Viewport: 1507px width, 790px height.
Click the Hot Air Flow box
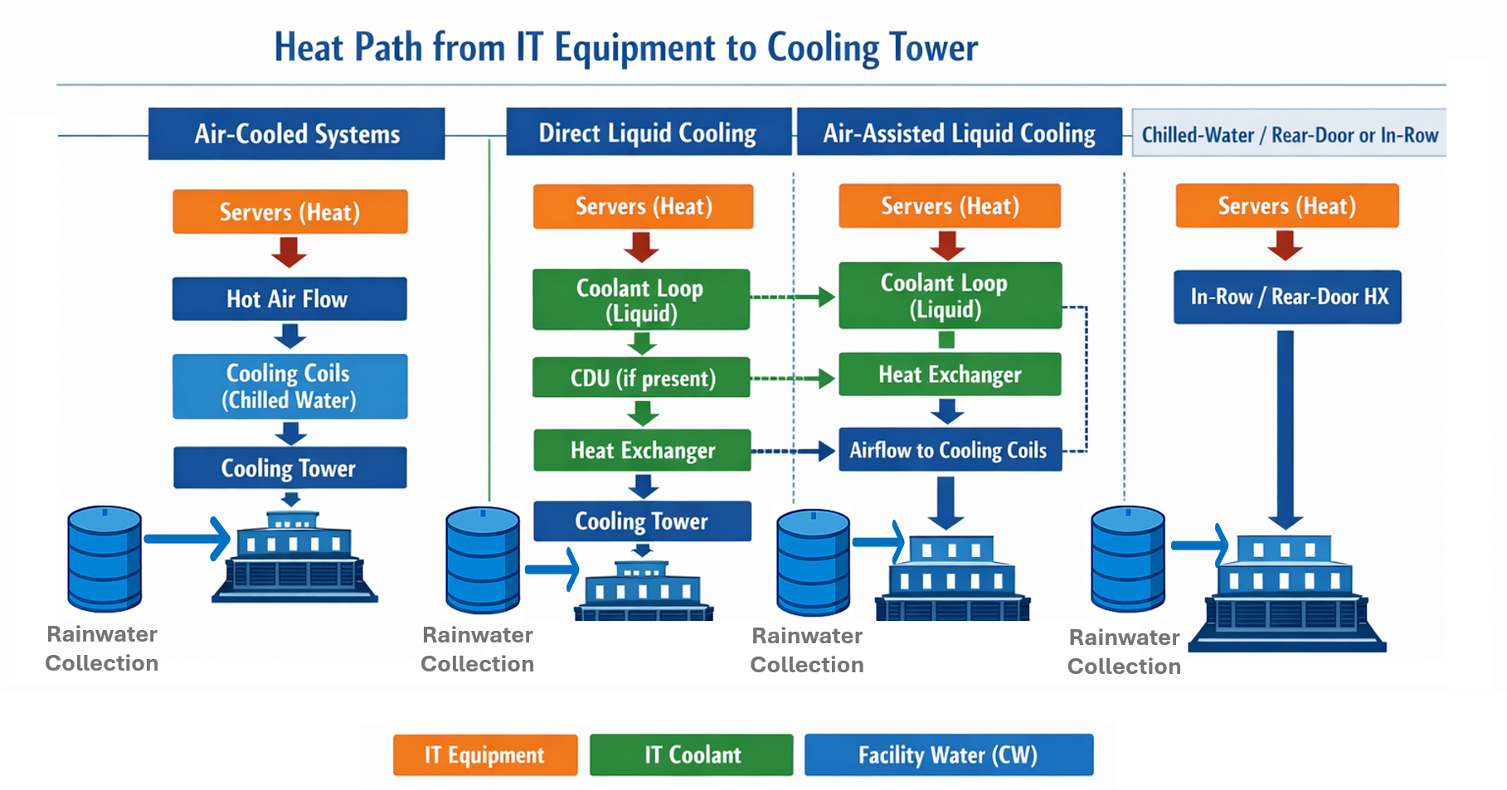click(289, 298)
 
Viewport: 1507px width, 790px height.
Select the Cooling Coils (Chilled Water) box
click(289, 386)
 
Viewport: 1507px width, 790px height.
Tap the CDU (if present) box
click(641, 378)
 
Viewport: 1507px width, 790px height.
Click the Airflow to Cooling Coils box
click(949, 449)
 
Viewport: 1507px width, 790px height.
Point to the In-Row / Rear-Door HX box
click(1287, 297)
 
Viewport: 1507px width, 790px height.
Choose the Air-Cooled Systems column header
click(296, 133)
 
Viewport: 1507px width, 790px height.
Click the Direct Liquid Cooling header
click(648, 133)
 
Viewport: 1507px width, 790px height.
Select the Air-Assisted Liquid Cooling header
click(959, 133)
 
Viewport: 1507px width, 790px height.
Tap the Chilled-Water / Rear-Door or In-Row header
click(1289, 134)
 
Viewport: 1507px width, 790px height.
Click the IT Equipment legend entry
click(484, 754)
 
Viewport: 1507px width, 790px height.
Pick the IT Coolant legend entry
click(691, 754)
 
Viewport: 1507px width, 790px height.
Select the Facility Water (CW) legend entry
click(948, 754)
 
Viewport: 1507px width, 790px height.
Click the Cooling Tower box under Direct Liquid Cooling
click(641, 521)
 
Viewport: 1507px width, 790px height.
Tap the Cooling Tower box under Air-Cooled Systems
click(289, 468)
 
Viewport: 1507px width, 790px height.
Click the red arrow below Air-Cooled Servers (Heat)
click(289, 252)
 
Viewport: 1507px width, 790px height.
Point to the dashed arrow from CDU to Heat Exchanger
click(792, 379)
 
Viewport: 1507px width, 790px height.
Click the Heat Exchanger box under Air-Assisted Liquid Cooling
click(949, 375)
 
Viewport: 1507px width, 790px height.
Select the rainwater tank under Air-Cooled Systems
click(105, 559)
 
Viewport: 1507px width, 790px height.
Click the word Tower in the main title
click(933, 47)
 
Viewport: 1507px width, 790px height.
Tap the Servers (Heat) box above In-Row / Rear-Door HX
click(1286, 206)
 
